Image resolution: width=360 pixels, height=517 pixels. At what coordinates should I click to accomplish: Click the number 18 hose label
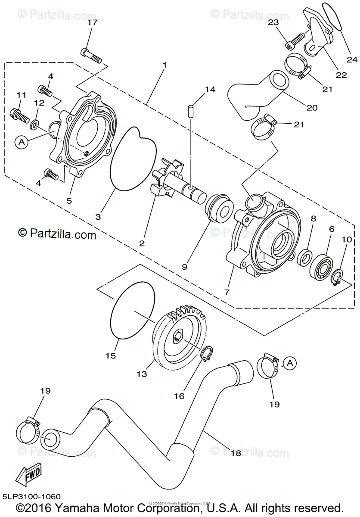tap(236, 453)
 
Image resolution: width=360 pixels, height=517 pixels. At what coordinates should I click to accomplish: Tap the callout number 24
tap(352, 59)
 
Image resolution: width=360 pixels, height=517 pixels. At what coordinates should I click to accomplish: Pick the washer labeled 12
tap(34, 125)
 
